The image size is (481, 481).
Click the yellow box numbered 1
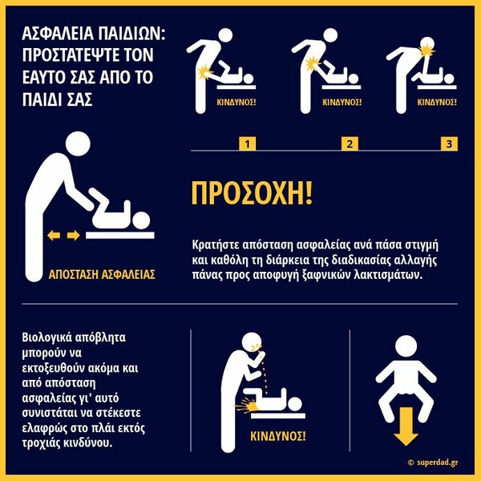click(x=247, y=143)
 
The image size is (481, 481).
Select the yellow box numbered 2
click(x=350, y=143)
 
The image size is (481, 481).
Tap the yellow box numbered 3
click(x=449, y=143)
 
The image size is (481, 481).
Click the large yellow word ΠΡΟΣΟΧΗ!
click(x=252, y=193)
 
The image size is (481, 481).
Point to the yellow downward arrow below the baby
click(x=406, y=426)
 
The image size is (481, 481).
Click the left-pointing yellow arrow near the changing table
click(x=54, y=236)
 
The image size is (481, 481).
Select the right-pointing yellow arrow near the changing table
click(x=73, y=236)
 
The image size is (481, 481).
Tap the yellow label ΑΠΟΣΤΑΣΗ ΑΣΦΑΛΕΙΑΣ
click(x=102, y=275)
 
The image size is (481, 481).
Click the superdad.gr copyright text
click(x=433, y=463)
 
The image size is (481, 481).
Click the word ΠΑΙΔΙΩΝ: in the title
click(x=132, y=33)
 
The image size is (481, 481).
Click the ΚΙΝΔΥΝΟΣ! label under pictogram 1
click(x=236, y=102)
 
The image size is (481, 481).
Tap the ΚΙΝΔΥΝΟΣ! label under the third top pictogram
click(x=437, y=102)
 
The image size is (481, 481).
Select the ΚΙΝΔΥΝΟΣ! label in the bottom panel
click(x=278, y=436)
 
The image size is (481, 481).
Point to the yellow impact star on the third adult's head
click(x=427, y=51)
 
